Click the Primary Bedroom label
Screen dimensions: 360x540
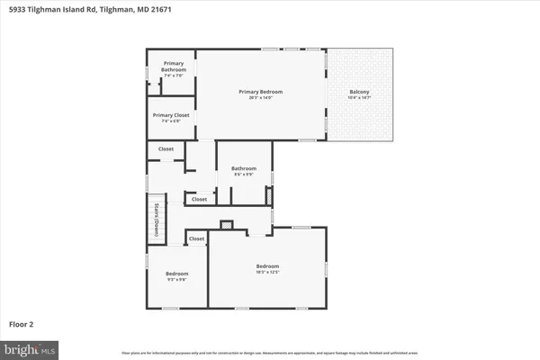[261, 92]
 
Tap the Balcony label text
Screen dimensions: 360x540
[359, 92]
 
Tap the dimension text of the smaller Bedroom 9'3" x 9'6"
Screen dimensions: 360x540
[176, 279]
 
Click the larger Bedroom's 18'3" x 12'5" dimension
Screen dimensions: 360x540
[267, 273]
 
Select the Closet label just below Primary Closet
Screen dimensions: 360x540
[166, 149]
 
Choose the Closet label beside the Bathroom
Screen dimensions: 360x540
[199, 199]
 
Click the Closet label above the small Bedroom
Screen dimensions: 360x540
[196, 238]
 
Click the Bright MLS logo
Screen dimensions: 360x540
[31, 347]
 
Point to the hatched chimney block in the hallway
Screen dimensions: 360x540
[227, 225]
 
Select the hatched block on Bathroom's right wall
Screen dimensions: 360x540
[268, 196]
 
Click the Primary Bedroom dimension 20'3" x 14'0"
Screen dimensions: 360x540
[261, 98]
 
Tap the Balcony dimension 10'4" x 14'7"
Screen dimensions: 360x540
[359, 98]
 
